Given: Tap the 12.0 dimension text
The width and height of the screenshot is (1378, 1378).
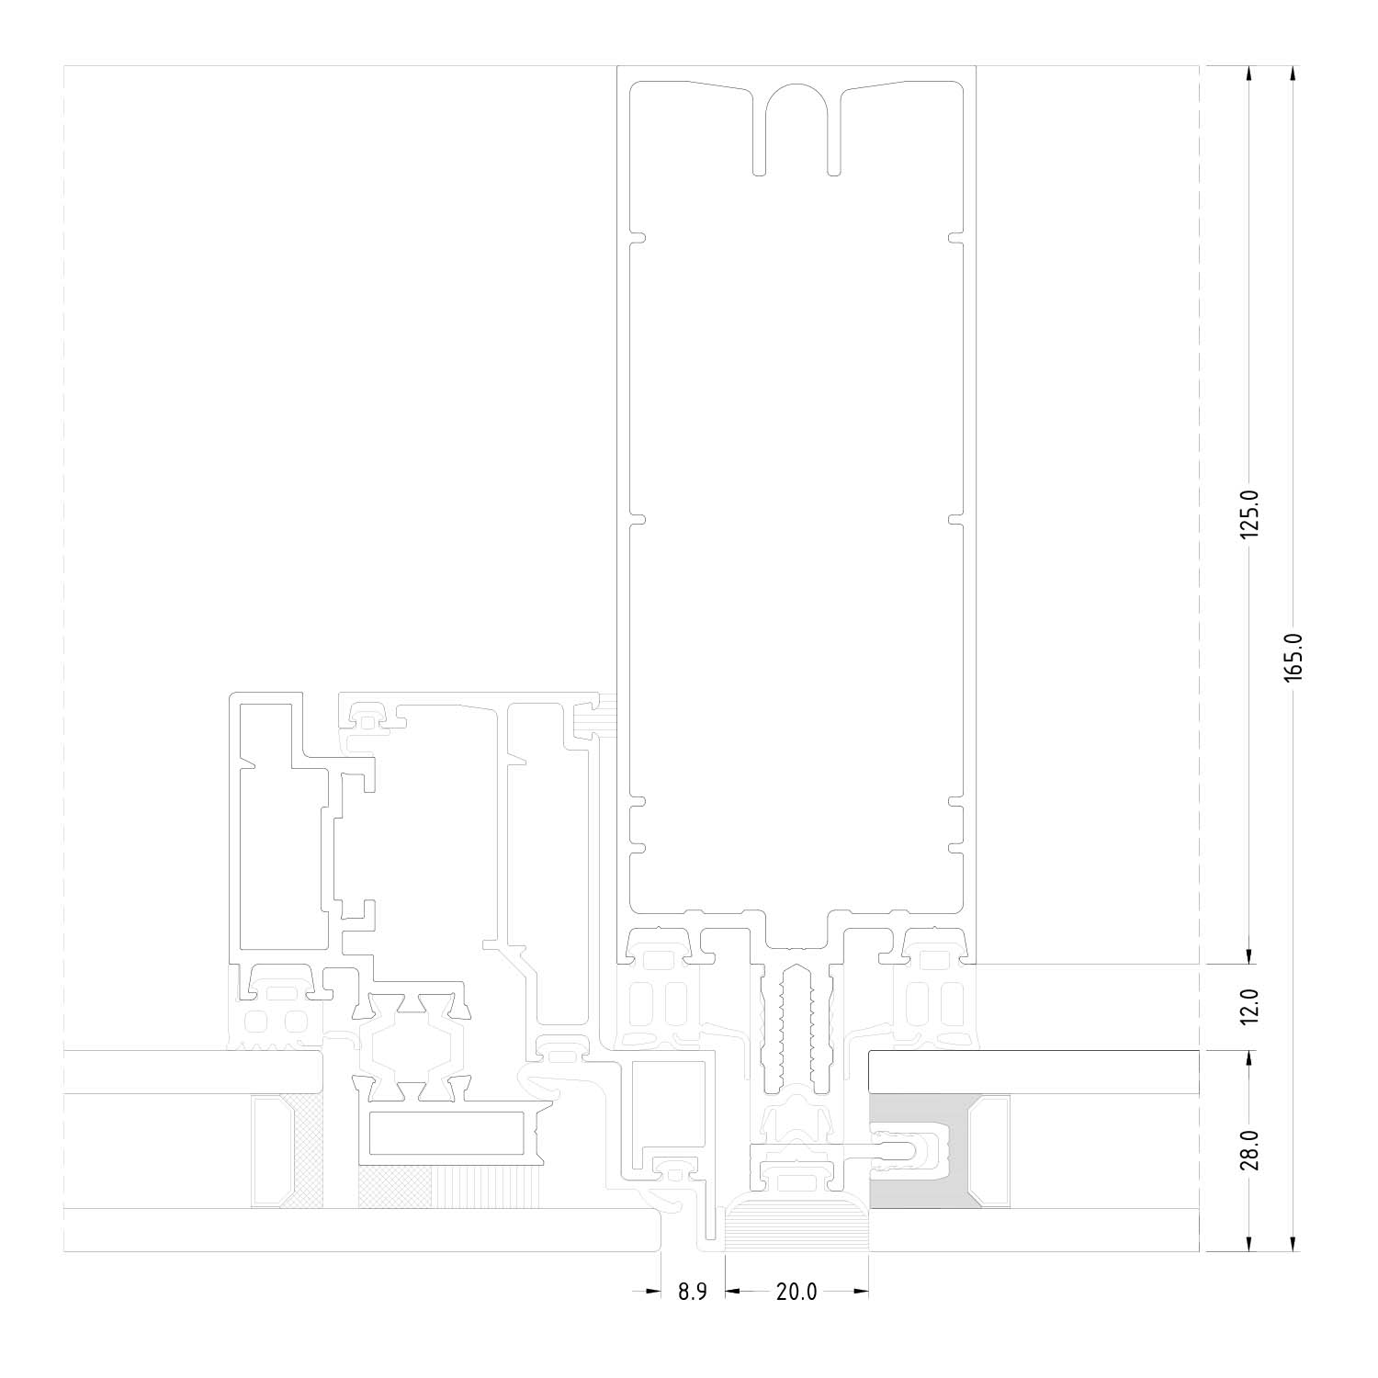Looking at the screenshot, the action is (1248, 1007).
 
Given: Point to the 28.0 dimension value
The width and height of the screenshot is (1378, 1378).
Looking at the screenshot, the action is (1248, 1150).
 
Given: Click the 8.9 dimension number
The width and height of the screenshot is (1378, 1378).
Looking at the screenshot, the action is (693, 1292).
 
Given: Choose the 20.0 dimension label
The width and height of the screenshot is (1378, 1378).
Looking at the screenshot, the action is (796, 1292).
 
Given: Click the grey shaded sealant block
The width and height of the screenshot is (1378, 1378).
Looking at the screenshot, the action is (919, 1150).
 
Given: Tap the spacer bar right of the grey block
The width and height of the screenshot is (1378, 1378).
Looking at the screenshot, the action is (995, 1150).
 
